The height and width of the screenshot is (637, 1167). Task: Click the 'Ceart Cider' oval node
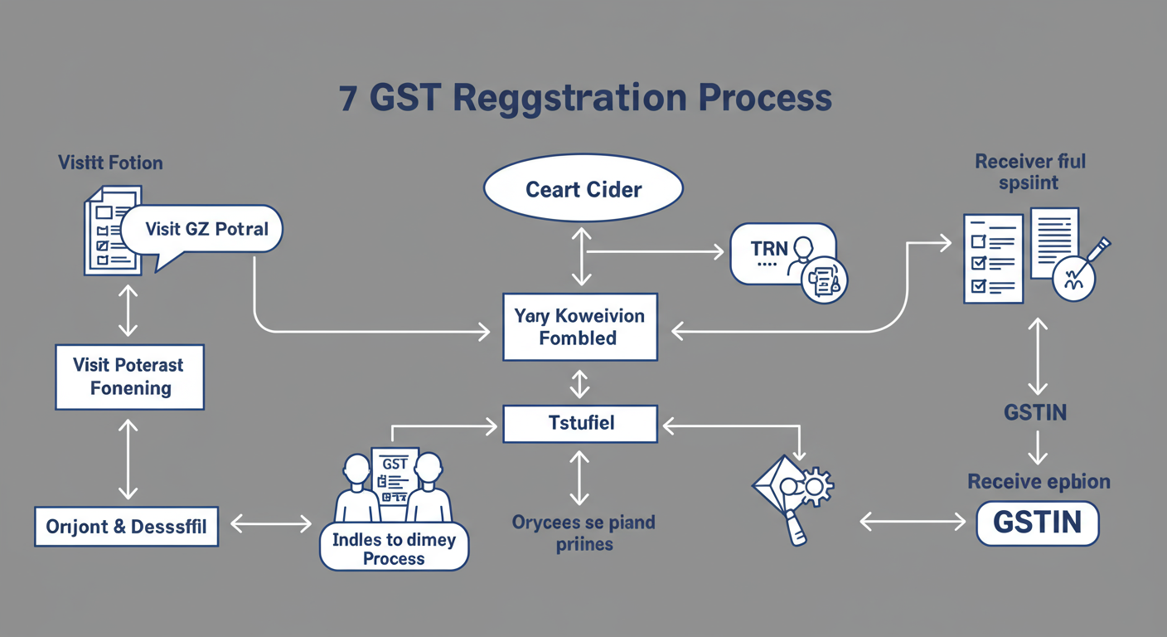[x=583, y=189]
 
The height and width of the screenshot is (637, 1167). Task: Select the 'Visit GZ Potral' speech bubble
[x=206, y=228]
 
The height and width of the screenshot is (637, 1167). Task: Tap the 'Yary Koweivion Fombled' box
[x=579, y=327]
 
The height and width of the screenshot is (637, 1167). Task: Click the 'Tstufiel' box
[x=580, y=424]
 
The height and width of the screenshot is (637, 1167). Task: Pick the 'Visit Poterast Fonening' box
[x=129, y=377]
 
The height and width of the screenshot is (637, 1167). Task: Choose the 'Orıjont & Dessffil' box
[x=126, y=526]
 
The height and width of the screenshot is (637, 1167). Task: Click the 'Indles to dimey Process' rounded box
[x=394, y=548]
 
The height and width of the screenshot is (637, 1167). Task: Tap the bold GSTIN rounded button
[x=1037, y=523]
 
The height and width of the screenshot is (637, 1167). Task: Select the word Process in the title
[x=763, y=98]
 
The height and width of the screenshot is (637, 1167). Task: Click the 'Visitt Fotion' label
[x=110, y=162]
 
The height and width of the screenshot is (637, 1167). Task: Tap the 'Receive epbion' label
[x=1039, y=482]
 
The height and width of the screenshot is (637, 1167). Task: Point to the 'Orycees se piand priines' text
[x=583, y=533]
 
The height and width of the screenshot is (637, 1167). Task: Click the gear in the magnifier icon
[x=816, y=483]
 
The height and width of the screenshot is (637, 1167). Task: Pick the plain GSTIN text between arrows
[x=1034, y=412]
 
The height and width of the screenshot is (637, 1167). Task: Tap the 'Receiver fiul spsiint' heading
[x=1030, y=171]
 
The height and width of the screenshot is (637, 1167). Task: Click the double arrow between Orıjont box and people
[x=270, y=523]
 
